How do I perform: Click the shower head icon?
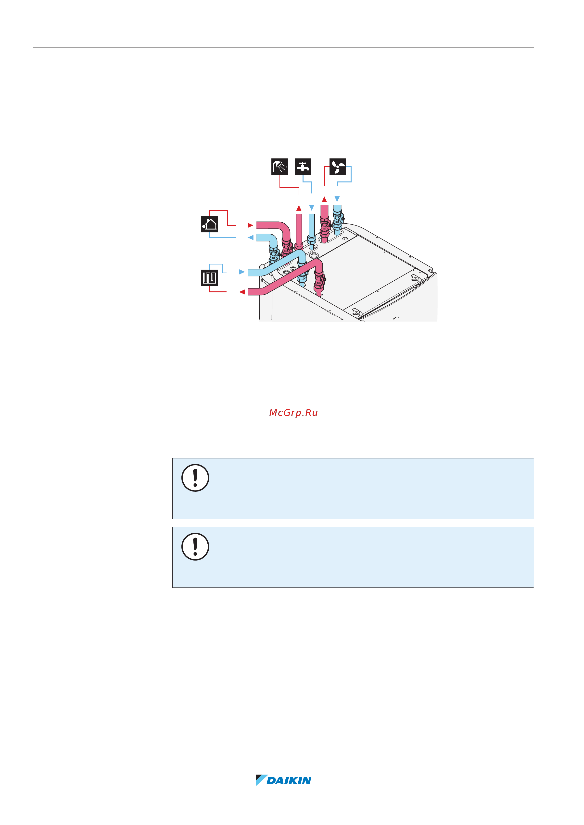(279, 167)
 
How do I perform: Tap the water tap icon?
(303, 167)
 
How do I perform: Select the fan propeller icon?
(338, 167)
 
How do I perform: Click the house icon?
(209, 224)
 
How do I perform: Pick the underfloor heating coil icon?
(209, 278)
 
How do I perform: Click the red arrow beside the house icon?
(250, 225)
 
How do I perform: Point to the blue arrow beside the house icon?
(250, 238)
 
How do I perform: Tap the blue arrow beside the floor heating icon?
(242, 272)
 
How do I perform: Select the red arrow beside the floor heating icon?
(242, 292)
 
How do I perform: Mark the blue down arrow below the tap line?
(312, 208)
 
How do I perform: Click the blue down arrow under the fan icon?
(337, 199)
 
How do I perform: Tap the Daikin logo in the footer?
(284, 780)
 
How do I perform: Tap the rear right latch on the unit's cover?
(415, 277)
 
